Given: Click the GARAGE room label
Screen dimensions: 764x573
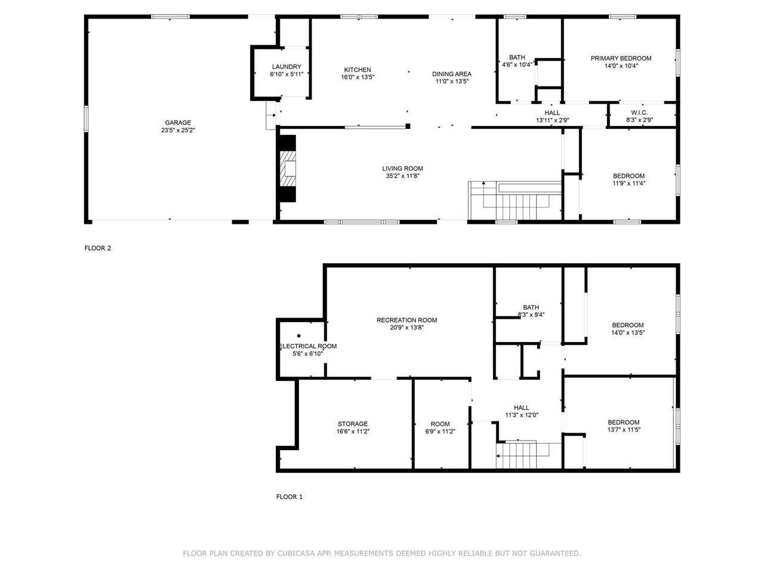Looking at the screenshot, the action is (x=178, y=122).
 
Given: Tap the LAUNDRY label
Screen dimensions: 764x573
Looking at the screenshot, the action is (x=286, y=66).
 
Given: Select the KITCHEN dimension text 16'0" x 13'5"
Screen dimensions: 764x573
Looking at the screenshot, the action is (x=358, y=77).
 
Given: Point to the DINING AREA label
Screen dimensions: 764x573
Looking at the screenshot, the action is (x=452, y=74).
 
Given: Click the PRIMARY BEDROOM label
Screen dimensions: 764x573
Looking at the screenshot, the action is (x=621, y=58).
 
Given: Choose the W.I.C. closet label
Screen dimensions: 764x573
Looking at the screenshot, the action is (x=639, y=112).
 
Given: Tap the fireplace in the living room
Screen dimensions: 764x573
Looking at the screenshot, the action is (x=288, y=168).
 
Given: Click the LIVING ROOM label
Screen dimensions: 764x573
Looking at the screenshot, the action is (x=402, y=168).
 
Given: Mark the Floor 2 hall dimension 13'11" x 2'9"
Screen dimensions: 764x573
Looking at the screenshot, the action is (x=552, y=121).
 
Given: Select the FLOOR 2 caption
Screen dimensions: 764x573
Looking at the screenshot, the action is (x=97, y=248).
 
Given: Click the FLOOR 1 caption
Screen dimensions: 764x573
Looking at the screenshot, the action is (x=289, y=497).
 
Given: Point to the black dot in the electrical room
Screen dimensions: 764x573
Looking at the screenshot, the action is (x=298, y=335).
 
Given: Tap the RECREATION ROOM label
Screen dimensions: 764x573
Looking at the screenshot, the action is (x=406, y=320).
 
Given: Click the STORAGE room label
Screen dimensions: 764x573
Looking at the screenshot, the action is (x=353, y=424).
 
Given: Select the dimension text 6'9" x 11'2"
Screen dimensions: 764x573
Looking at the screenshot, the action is (x=440, y=432).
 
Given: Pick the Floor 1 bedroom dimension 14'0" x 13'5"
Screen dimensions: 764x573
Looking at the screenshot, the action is (x=628, y=332).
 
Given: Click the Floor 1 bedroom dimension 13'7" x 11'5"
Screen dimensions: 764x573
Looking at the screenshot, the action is (x=624, y=430).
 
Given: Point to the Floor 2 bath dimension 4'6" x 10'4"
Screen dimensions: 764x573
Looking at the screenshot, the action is (x=517, y=64).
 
